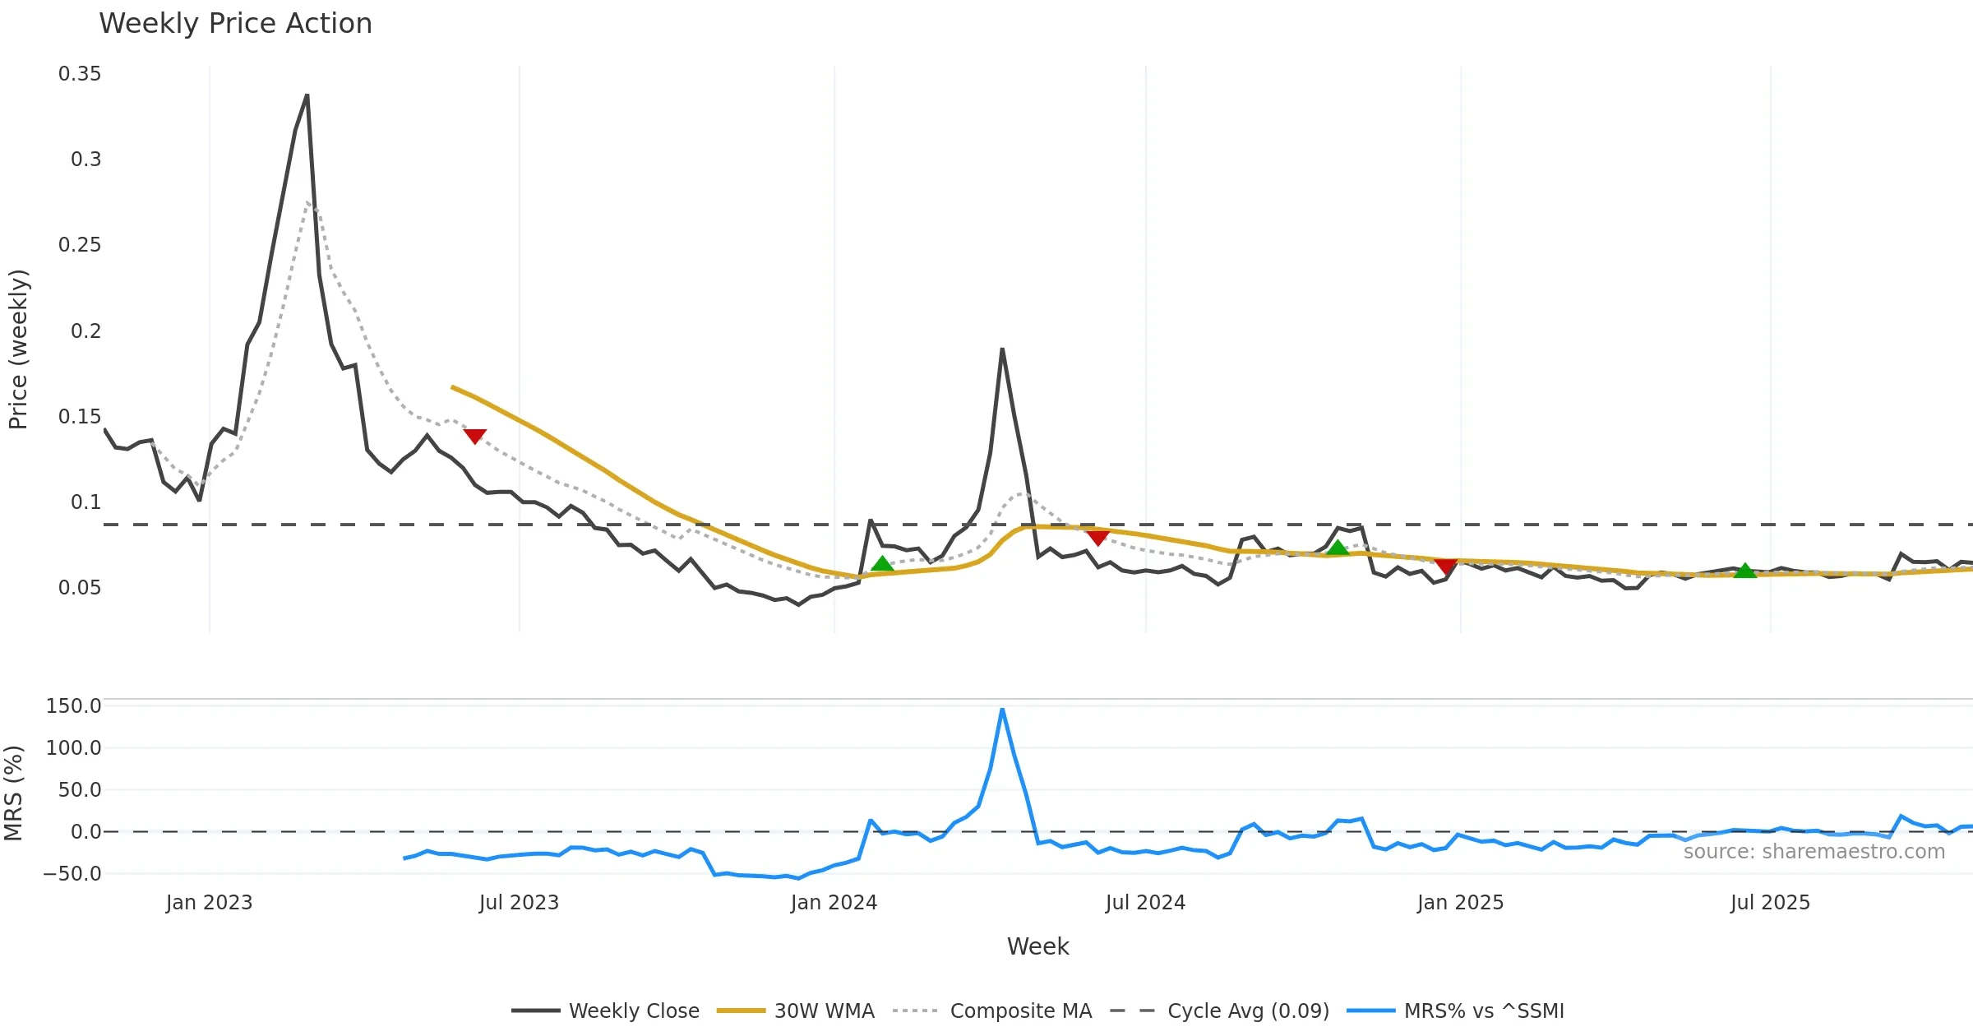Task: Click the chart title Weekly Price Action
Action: [235, 24]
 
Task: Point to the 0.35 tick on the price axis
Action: [80, 74]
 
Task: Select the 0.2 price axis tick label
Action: [85, 331]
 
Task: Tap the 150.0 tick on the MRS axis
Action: [73, 706]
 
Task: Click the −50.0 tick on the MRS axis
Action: [72, 874]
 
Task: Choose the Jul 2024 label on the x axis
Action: [1145, 903]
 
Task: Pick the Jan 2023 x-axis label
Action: [209, 903]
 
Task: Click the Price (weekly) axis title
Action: [18, 349]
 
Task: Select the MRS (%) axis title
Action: [14, 793]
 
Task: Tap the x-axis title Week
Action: [1037, 947]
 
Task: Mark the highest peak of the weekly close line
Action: [307, 96]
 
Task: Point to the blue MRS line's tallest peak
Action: [1002, 710]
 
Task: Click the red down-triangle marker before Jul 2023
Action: [474, 436]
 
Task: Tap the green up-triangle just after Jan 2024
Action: [882, 564]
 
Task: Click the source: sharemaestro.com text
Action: [1814, 852]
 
